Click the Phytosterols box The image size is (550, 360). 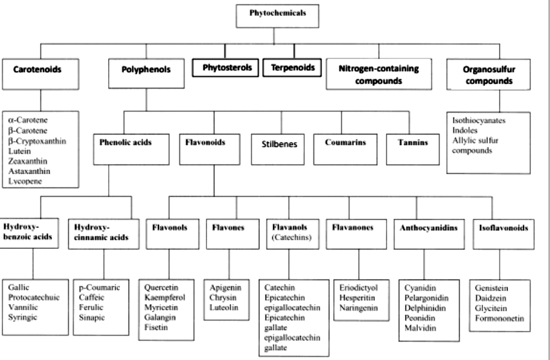(x=226, y=68)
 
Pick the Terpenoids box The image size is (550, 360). (x=293, y=68)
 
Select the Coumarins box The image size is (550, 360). (x=345, y=143)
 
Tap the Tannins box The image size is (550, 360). (x=409, y=143)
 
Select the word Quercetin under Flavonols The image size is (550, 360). (x=160, y=287)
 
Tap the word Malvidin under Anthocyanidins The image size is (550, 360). (x=420, y=327)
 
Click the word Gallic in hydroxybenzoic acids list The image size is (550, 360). (x=19, y=287)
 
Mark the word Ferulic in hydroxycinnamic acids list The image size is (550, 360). (x=91, y=307)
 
